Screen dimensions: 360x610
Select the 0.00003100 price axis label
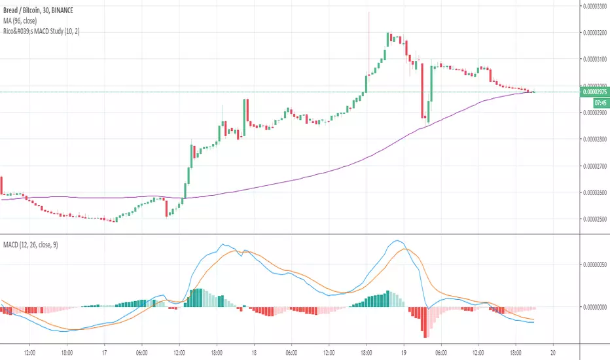tap(594, 59)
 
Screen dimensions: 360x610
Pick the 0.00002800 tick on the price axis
tap(594, 139)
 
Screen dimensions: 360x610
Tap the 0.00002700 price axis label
tap(594, 166)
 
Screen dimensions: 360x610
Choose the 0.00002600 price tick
tap(594, 193)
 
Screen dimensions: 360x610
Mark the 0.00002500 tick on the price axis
tap(594, 220)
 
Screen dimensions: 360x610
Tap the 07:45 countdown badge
tap(601, 103)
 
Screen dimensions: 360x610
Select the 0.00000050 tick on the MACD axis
tap(594, 264)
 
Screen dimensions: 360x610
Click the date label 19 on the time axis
tap(404, 350)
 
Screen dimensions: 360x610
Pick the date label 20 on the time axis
tap(553, 350)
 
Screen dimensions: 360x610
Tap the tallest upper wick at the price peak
tap(369, 20)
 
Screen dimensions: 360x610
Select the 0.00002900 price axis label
tap(594, 113)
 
